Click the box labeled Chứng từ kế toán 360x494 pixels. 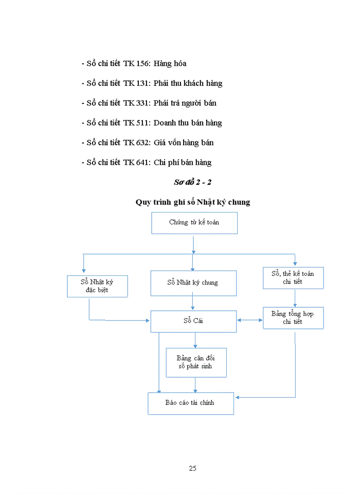[x=194, y=223]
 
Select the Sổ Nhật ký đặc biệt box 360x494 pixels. [x=97, y=286]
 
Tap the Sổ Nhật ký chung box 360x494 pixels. [x=193, y=283]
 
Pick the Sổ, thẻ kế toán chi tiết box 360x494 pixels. [x=293, y=277]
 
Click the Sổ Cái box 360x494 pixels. [x=193, y=321]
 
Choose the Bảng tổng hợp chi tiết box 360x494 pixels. [x=293, y=317]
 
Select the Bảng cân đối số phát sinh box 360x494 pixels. [x=195, y=362]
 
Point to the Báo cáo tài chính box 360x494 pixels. [x=190, y=403]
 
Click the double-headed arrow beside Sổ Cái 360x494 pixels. [x=249, y=320]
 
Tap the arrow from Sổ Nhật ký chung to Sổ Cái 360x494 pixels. [x=193, y=303]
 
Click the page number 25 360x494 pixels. [x=192, y=468]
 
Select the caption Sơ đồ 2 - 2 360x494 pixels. [x=192, y=182]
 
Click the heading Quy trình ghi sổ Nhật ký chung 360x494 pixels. [x=193, y=202]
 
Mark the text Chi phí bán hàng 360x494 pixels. [x=183, y=163]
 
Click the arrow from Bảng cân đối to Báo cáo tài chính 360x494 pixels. [x=195, y=385]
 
